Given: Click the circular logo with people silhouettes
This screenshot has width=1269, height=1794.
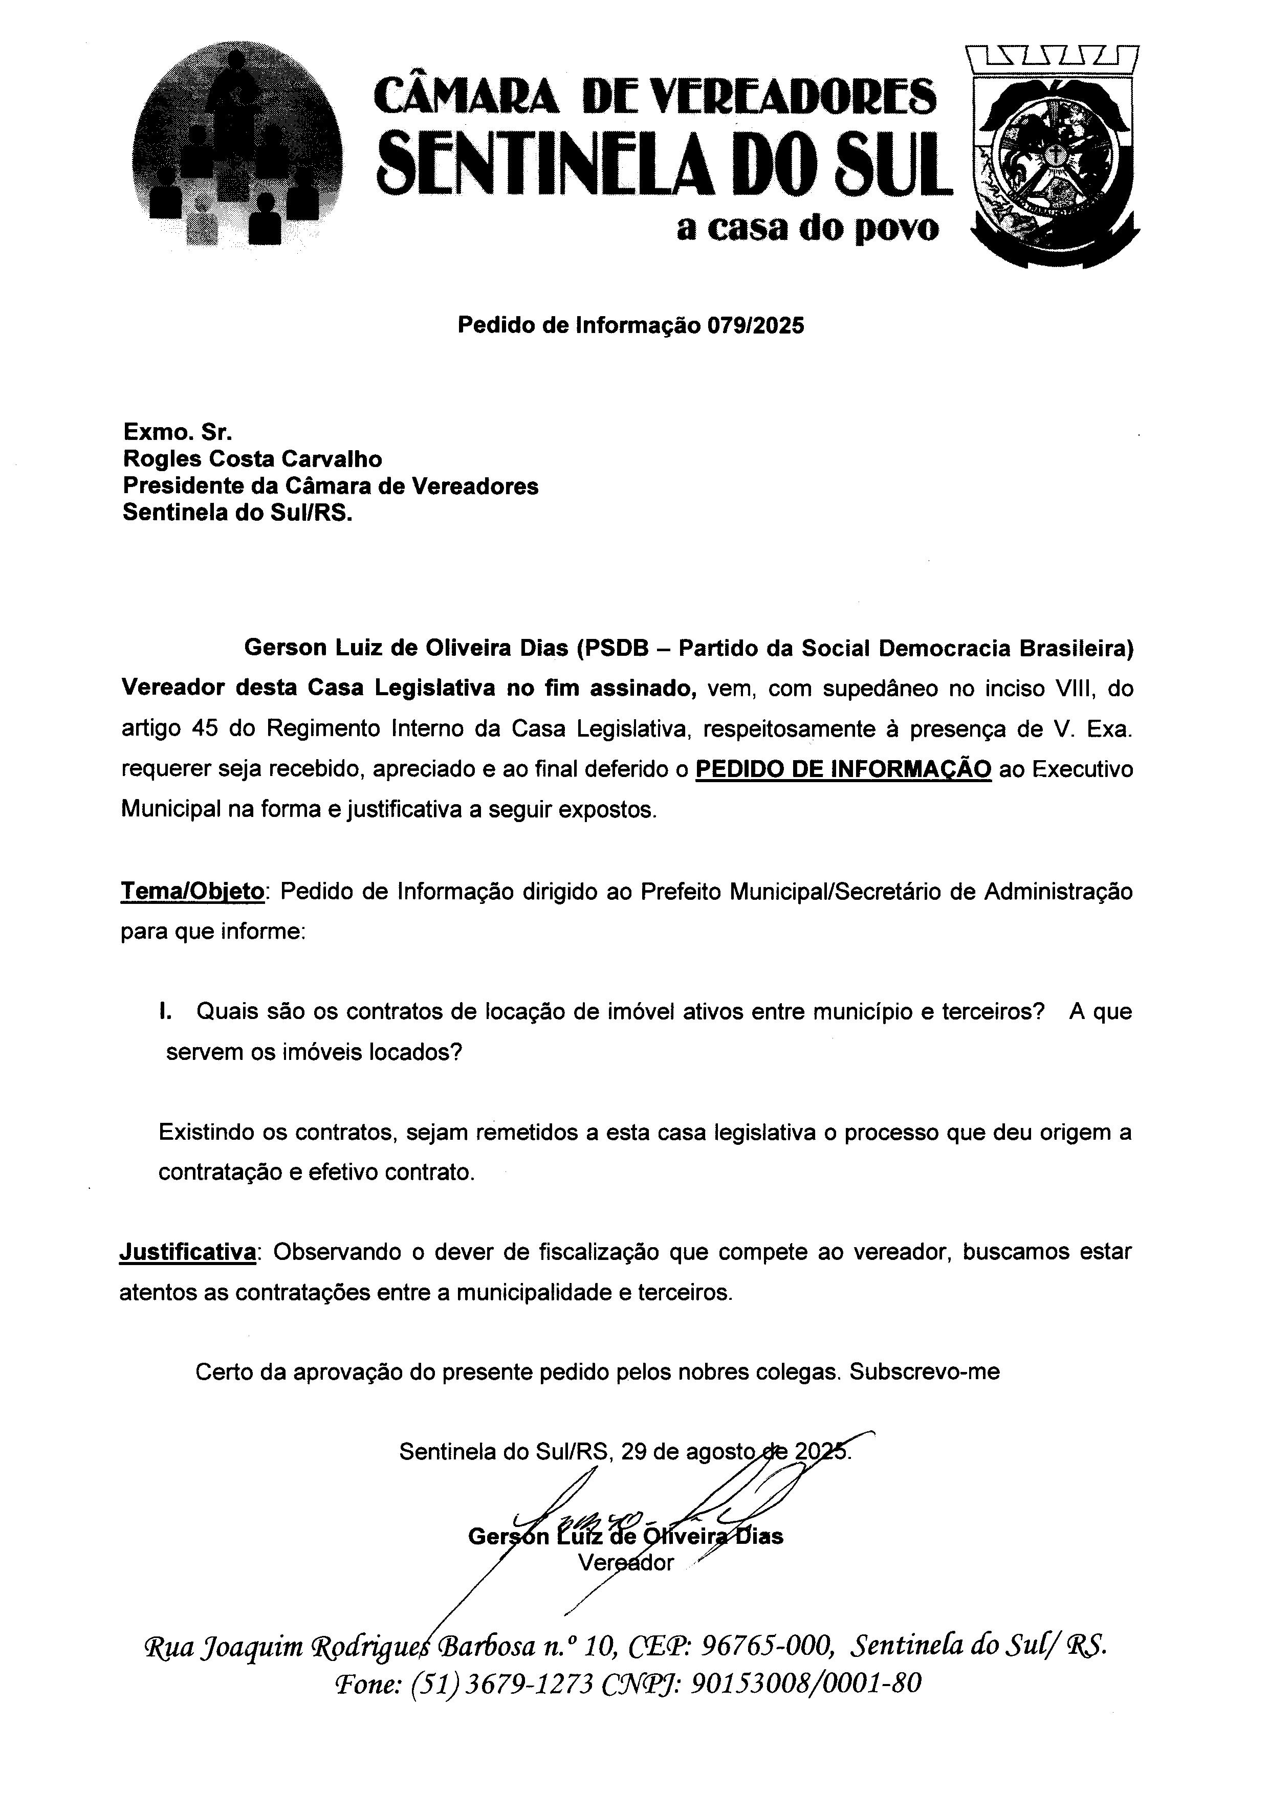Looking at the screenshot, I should (x=237, y=145).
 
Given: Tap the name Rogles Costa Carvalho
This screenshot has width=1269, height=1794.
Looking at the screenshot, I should (x=252, y=459).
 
